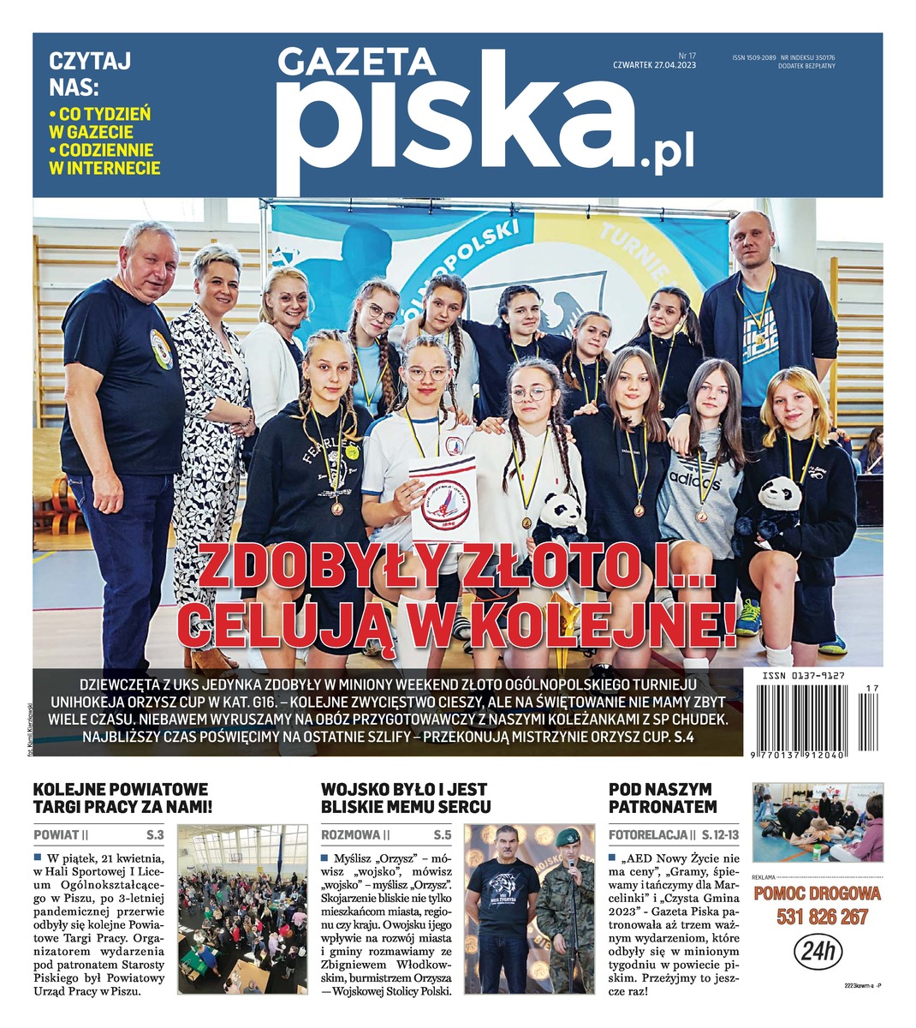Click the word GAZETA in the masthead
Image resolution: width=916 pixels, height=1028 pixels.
pos(356,62)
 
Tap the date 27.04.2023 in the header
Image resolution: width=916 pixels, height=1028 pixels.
pos(674,65)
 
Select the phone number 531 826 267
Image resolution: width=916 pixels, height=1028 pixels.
pos(818,917)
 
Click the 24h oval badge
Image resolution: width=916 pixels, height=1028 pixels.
pos(818,951)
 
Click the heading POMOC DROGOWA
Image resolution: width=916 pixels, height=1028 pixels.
pos(818,894)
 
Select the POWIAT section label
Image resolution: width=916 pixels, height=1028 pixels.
pos(57,834)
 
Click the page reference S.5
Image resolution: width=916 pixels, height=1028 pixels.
pos(442,834)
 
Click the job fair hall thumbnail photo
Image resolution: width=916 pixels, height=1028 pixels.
pos(241,909)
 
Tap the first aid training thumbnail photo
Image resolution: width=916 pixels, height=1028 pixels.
pos(817,822)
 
